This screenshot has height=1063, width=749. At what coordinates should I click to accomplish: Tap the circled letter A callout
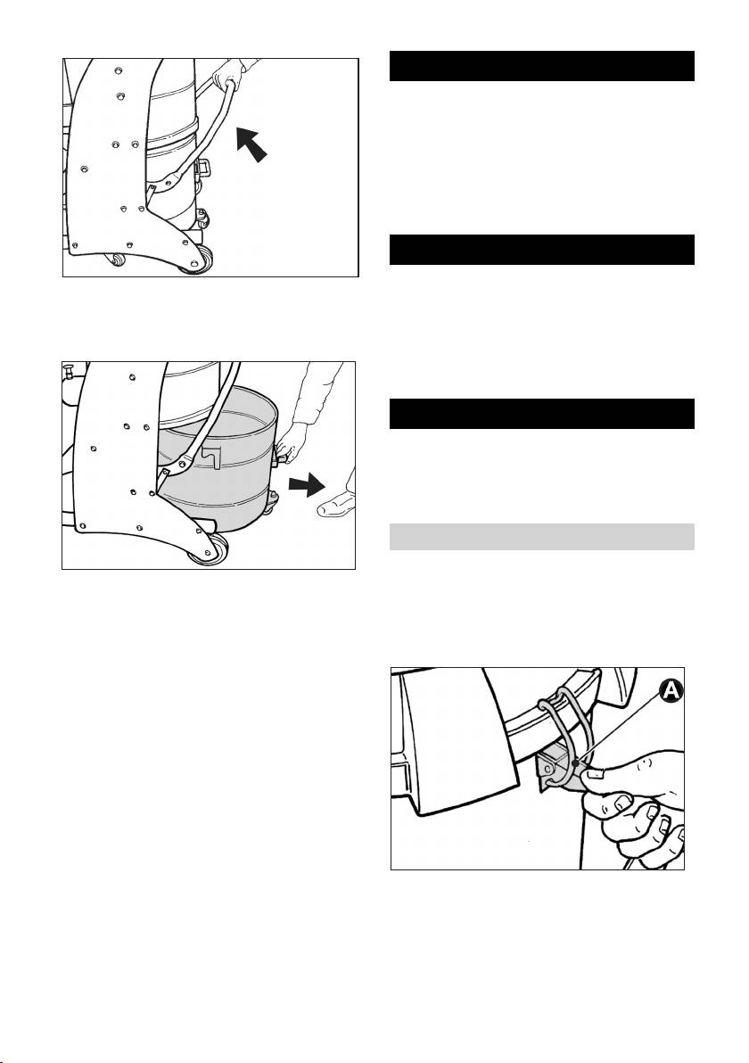[671, 689]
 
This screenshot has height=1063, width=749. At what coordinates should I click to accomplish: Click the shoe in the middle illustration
[336, 504]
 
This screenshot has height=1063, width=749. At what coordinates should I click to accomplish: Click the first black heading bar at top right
[541, 66]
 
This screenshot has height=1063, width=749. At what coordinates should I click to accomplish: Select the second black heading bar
[541, 250]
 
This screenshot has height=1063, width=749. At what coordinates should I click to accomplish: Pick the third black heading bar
[541, 414]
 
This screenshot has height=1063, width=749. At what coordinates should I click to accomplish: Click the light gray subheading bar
[541, 536]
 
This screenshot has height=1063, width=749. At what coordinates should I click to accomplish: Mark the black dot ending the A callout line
[575, 763]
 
